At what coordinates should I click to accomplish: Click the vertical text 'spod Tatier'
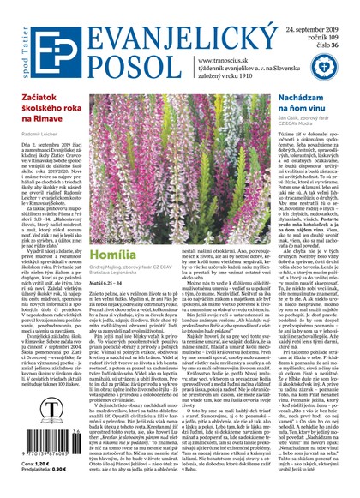point(8,39)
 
